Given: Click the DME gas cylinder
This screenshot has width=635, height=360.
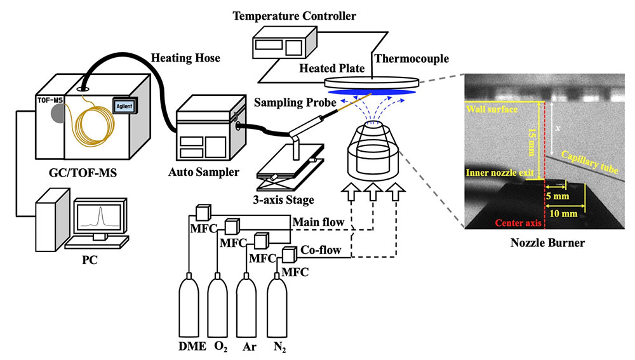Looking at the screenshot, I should coord(190,304).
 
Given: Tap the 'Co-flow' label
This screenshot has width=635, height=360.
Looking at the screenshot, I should coord(330,251).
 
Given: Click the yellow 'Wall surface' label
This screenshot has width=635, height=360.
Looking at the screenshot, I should coord(493,109).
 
